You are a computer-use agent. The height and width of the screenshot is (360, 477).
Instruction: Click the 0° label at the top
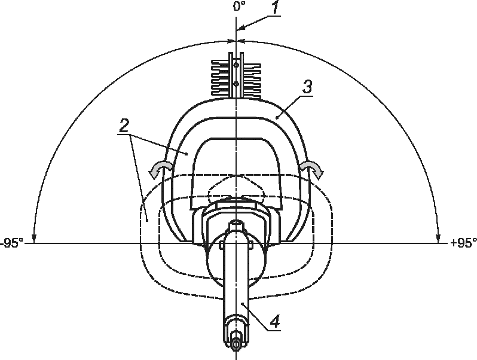240,6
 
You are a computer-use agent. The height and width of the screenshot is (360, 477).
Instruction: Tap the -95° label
11,243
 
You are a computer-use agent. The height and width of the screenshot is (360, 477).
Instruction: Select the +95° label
463,243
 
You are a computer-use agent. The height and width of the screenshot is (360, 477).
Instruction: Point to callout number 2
124,126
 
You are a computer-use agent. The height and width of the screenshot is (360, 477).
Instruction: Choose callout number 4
275,322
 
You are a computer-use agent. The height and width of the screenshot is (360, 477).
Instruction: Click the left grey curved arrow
160,169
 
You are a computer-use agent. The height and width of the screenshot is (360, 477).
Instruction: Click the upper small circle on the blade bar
236,65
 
